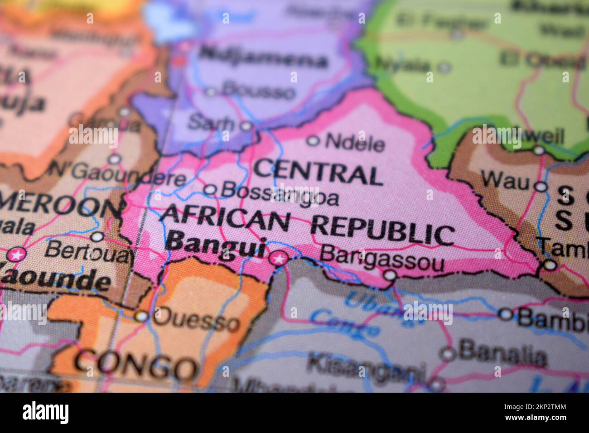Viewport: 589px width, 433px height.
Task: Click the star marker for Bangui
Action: tap(278, 259)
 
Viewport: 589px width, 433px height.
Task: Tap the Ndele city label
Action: tap(355, 144)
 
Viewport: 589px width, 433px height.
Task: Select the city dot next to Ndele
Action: tap(313, 141)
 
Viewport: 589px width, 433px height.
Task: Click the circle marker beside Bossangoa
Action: tap(210, 190)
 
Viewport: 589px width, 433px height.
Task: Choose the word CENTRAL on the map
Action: tap(317, 173)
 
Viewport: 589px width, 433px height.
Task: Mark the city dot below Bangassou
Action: tap(390, 275)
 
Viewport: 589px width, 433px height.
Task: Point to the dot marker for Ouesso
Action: tap(142, 316)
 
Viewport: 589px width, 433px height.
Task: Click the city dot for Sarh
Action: tap(246, 126)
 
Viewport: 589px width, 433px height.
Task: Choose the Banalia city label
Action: tap(502, 354)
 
